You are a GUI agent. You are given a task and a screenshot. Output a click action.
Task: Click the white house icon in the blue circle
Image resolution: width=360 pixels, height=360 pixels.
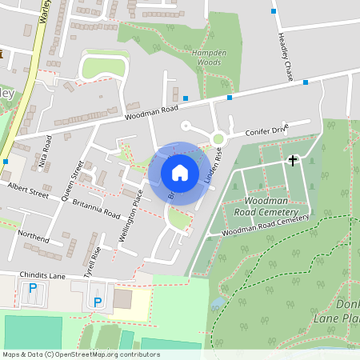[x=180, y=172]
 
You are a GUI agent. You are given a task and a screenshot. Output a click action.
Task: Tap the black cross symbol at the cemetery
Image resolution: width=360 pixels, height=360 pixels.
[x=293, y=161]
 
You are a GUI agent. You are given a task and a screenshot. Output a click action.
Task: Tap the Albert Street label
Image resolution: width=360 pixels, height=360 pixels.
[x=28, y=189]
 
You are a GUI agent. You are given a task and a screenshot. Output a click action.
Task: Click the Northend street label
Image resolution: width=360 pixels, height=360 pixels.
[x=33, y=237]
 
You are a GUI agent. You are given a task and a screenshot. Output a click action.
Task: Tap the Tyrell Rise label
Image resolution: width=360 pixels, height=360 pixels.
[x=92, y=262]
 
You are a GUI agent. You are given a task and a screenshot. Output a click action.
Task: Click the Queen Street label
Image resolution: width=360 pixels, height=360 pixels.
[x=72, y=180]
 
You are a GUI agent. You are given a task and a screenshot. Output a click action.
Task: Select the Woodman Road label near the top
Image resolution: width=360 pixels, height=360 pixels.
[x=150, y=111]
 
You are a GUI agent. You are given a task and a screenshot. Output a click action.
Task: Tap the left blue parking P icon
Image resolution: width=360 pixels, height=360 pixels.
[x=33, y=288]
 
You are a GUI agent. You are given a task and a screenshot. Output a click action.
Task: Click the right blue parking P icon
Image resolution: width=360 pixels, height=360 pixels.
[x=98, y=302]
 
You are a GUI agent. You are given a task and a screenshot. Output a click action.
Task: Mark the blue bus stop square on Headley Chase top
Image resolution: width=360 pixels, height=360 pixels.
[x=274, y=11]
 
